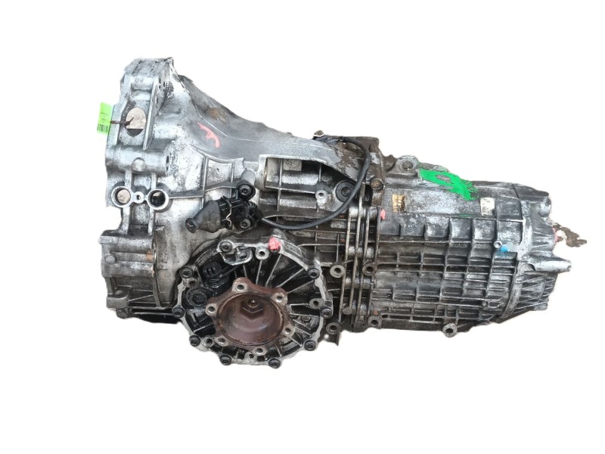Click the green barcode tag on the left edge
point(104,118)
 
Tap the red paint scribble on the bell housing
point(205,134)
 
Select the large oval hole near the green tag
point(135,120)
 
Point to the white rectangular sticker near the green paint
point(487,204)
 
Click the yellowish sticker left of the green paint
point(399,202)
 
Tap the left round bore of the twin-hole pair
point(123,197)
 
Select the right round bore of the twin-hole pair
point(157,199)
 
